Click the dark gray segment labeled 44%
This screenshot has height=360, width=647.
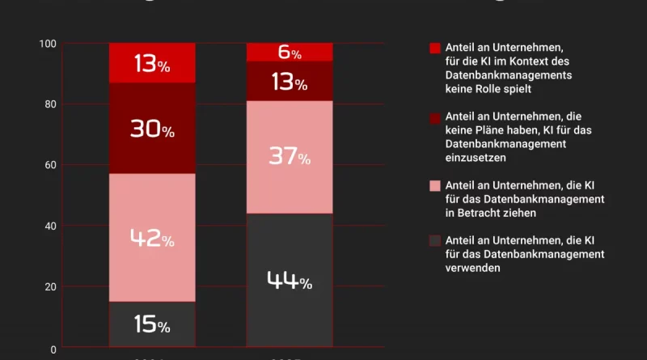(x=290, y=281)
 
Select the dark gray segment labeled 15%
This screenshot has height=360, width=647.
(x=152, y=325)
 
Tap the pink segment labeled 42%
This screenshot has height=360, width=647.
(x=152, y=238)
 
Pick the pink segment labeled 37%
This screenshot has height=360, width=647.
(x=290, y=157)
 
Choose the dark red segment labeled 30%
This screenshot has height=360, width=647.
(x=152, y=129)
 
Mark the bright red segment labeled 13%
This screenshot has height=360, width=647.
(x=152, y=63)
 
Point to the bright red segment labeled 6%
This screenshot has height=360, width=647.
(x=290, y=53)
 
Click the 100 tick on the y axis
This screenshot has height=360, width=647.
(x=48, y=44)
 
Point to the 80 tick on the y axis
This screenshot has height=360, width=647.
(x=50, y=104)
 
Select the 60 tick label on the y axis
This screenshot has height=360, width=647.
(x=50, y=165)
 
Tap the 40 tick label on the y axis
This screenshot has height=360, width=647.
(x=50, y=226)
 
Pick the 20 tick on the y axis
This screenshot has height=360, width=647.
(x=50, y=287)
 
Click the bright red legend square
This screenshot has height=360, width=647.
(x=435, y=49)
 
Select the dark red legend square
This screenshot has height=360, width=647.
(x=435, y=116)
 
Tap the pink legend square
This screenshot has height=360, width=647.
(x=435, y=185)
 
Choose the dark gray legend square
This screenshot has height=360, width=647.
(x=435, y=240)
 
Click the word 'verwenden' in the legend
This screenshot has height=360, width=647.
(x=473, y=269)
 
